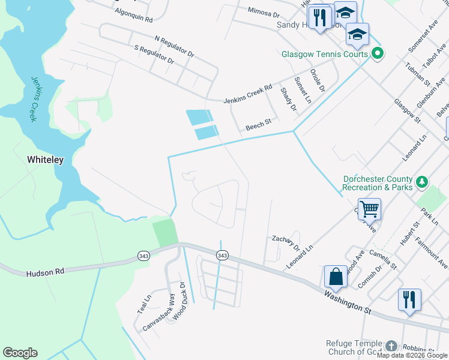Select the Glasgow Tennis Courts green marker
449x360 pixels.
(x=378, y=54)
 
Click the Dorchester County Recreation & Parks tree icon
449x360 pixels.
(x=422, y=181)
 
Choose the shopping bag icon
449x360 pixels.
(x=336, y=277)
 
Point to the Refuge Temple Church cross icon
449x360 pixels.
(x=391, y=346)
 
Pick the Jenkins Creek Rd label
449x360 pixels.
(x=247, y=94)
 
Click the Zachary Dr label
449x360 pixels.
(x=286, y=242)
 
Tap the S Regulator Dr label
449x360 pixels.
(x=154, y=54)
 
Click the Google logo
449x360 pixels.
(x=20, y=353)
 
